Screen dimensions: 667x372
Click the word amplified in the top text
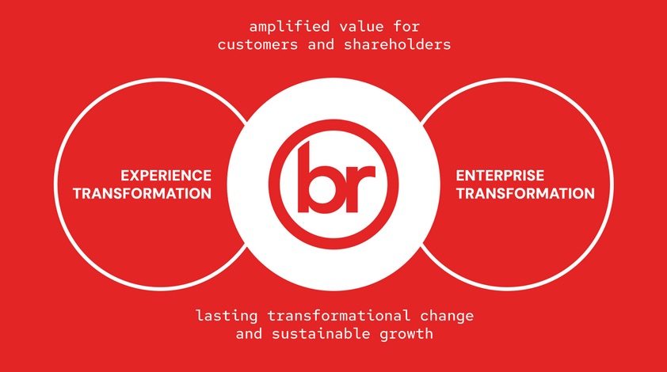point(289,27)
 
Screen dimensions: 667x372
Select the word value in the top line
point(361,26)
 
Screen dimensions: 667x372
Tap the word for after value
point(406,26)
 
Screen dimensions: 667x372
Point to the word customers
point(257,44)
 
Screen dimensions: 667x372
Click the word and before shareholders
point(321,44)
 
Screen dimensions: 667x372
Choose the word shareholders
point(398,44)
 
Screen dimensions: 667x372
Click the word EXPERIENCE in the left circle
point(166,176)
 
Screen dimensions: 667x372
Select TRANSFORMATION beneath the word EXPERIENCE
point(142,193)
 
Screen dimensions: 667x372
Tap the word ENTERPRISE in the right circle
point(500,176)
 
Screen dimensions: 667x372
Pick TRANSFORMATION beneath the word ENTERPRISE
point(525,193)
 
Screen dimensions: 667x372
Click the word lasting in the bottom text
point(227,316)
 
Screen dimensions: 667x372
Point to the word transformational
point(339,316)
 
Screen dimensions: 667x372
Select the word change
point(447,317)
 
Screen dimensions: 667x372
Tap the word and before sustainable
point(250,333)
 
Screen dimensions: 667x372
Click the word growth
point(406,334)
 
